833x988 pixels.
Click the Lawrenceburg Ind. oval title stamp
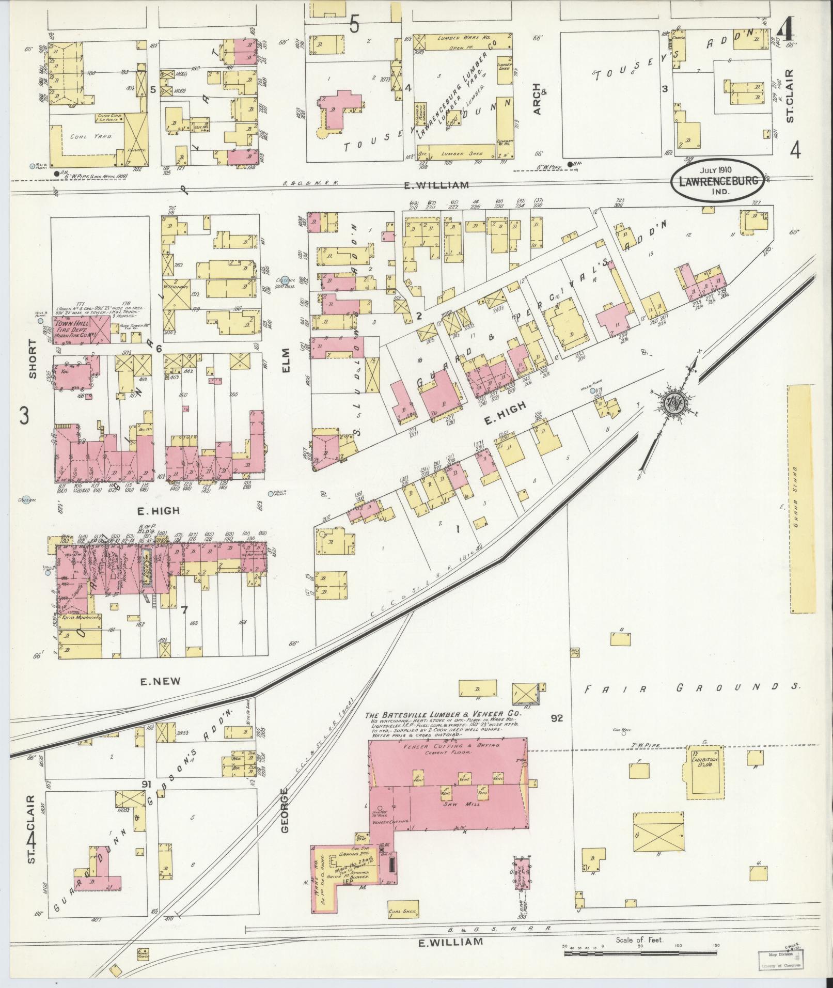click(x=718, y=182)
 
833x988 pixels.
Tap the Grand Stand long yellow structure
click(x=800, y=498)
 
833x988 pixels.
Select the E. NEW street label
click(x=161, y=681)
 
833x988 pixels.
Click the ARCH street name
click(x=536, y=99)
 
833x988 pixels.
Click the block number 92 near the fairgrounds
click(x=557, y=718)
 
